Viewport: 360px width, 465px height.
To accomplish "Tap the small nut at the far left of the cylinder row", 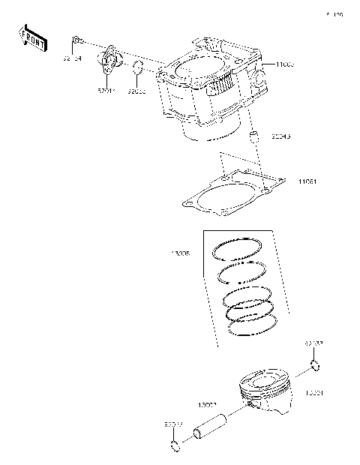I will click(76, 38).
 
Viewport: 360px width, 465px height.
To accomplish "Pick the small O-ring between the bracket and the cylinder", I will click(137, 72).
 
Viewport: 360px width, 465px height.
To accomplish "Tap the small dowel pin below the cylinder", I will click(253, 136).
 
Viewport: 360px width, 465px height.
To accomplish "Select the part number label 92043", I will click(281, 136).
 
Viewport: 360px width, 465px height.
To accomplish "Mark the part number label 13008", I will click(181, 253).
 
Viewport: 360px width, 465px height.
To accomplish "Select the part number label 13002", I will click(208, 406).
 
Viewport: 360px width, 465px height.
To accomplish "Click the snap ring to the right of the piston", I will click(316, 366).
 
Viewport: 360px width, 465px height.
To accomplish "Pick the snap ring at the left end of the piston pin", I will click(175, 448).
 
